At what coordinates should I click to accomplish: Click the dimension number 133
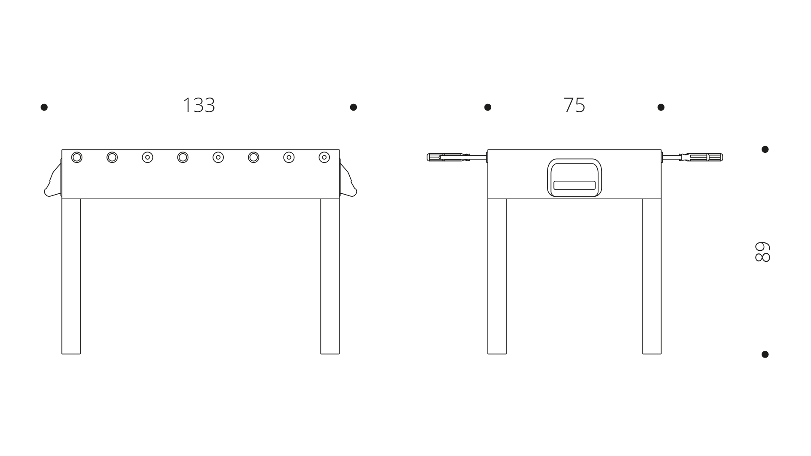pyautogui.click(x=199, y=105)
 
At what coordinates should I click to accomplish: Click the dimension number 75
pyautogui.click(x=574, y=105)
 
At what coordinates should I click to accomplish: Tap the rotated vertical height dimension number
pyautogui.click(x=762, y=252)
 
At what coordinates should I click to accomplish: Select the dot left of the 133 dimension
pyautogui.click(x=44, y=107)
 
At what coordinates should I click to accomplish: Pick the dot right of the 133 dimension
pyautogui.click(x=354, y=107)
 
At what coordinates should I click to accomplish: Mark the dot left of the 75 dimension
pyautogui.click(x=487, y=107)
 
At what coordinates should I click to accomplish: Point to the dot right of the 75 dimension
pyautogui.click(x=661, y=107)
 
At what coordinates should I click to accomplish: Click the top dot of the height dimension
pyautogui.click(x=765, y=149)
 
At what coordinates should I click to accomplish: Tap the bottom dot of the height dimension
pyautogui.click(x=765, y=354)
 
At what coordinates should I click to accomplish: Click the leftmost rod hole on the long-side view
pyautogui.click(x=76, y=157)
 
